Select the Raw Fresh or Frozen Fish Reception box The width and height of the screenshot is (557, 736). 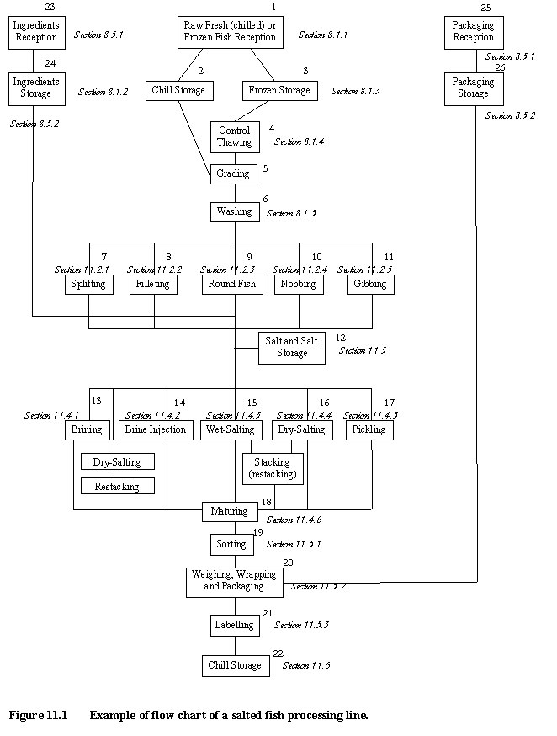pos(230,31)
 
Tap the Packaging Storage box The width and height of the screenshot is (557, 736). pos(474,88)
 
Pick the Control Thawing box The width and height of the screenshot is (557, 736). pos(235,136)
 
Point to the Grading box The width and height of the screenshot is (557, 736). pos(234,173)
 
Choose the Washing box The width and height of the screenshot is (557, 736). pos(234,211)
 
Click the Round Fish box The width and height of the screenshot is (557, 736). pos(234,285)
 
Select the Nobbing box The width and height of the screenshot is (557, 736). pos(299,285)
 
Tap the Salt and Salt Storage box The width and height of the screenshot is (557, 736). pos(291,347)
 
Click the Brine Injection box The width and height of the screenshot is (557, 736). pos(155,429)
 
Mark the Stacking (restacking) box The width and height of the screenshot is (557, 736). pos(273,469)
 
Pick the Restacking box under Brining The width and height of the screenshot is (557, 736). pos(117,486)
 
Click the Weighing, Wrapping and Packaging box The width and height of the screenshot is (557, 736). pos(234,581)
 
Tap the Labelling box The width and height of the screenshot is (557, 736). pos(234,625)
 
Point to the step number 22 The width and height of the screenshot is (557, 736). pos(278,653)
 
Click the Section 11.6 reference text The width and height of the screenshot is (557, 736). pos(306,666)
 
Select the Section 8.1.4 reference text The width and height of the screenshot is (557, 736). pos(299,141)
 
